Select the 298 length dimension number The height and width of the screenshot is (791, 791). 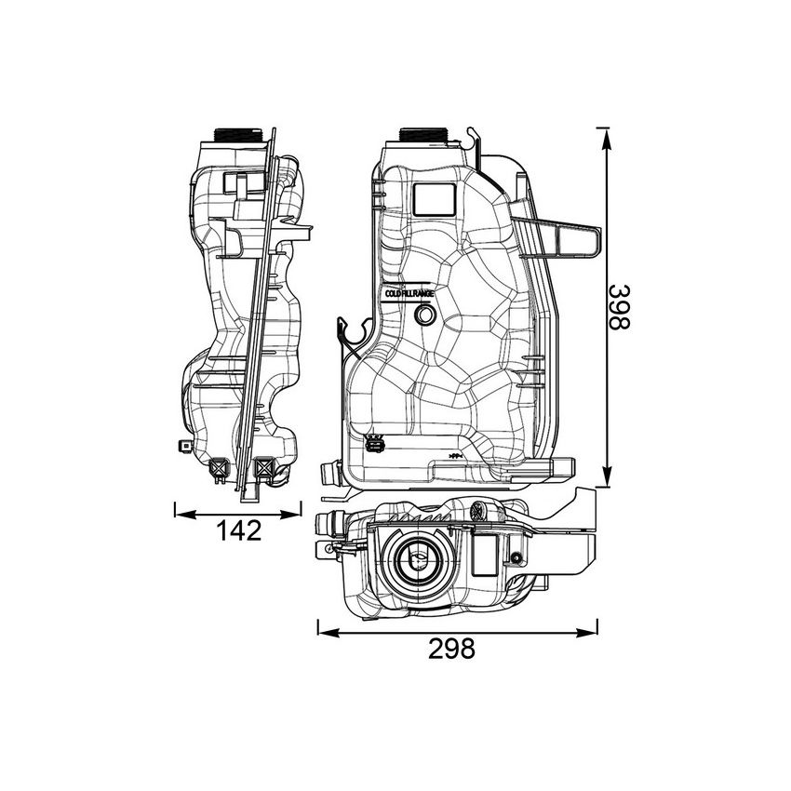pyautogui.click(x=450, y=649)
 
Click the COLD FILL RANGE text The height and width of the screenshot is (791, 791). pyautogui.click(x=410, y=293)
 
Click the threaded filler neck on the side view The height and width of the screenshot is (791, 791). pyautogui.click(x=238, y=135)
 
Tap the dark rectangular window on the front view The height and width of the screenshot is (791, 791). pyautogui.click(x=433, y=197)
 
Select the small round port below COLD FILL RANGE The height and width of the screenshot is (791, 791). pyautogui.click(x=424, y=316)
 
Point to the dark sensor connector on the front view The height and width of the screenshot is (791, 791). pyautogui.click(x=375, y=444)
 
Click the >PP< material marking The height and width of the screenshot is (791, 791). pyautogui.click(x=455, y=455)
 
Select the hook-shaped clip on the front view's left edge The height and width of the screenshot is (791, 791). pyautogui.click(x=350, y=332)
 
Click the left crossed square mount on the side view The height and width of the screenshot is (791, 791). pyautogui.click(x=221, y=468)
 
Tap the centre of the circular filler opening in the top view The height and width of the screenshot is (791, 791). pyautogui.click(x=418, y=561)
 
